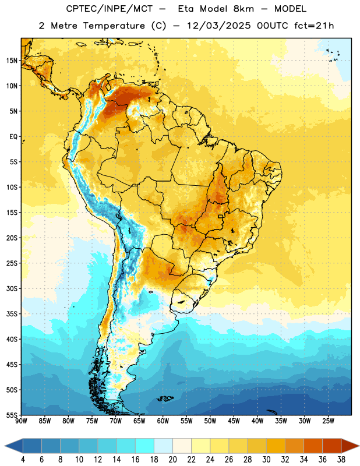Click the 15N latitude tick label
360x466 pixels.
pos(12,61)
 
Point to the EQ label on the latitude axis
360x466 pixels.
pos(13,137)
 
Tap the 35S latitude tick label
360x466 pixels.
pos(12,314)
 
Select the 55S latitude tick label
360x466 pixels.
pos(12,415)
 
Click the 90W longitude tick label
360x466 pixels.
pos(21,421)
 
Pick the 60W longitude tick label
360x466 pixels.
pos(163,421)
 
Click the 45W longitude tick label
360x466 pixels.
pos(234,421)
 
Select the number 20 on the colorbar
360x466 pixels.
pos(172,460)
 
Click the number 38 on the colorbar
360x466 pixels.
pos(341,460)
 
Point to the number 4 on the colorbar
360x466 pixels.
pos(23,460)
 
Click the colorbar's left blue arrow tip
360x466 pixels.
pos(5,446)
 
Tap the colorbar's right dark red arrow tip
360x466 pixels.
pos(359,446)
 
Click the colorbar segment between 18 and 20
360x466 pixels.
pos(164,446)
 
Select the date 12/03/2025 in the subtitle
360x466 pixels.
pos(219,26)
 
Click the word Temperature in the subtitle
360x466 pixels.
pos(114,26)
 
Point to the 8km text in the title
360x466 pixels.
pos(243,9)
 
